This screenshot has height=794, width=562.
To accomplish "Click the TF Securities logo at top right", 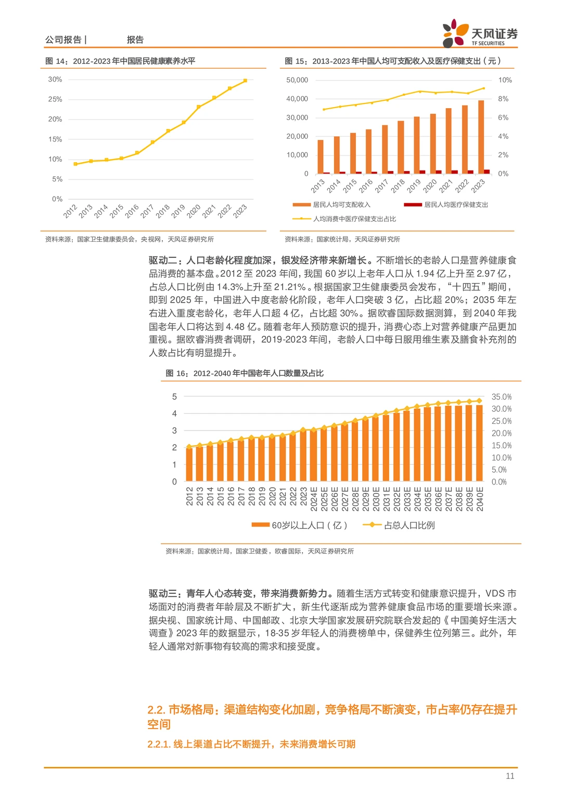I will click(x=480, y=33).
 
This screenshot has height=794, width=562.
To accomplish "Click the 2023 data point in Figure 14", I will click(x=245, y=81).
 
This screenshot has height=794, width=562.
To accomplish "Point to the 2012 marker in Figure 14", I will click(x=75, y=164).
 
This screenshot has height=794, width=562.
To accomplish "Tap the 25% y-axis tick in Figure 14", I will click(x=55, y=99).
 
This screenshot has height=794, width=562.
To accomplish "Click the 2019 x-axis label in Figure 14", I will click(x=178, y=211).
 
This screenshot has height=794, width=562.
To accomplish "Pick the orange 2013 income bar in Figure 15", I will click(x=321, y=156).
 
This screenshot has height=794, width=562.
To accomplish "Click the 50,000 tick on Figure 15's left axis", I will click(x=297, y=80).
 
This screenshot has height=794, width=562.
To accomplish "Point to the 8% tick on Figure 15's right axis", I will click(x=503, y=99).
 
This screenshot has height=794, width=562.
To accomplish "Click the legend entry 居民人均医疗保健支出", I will click(x=456, y=205).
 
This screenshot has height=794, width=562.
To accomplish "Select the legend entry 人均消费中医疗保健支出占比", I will click(x=354, y=219).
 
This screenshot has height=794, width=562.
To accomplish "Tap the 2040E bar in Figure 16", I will click(x=479, y=442).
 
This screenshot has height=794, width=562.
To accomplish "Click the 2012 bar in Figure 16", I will click(x=189, y=464).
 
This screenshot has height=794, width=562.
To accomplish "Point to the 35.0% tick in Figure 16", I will click(x=501, y=397).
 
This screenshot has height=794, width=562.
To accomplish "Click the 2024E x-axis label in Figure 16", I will click(x=314, y=499).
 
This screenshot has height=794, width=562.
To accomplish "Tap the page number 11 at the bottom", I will click(x=509, y=776).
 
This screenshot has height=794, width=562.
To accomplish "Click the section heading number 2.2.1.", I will click(x=158, y=744).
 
